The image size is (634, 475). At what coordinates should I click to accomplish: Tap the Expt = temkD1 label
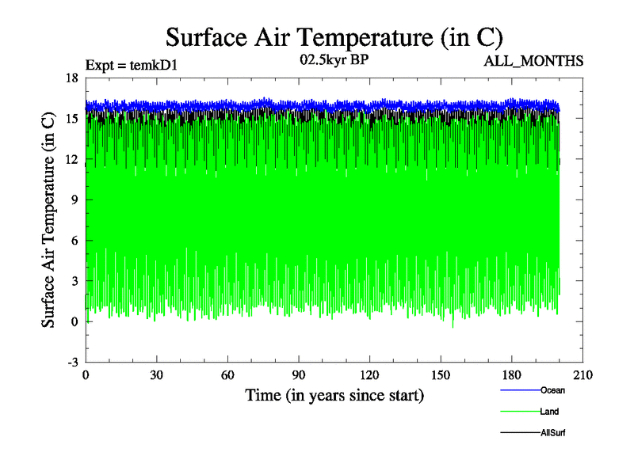click(x=131, y=65)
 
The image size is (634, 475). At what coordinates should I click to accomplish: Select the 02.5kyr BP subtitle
click(x=334, y=59)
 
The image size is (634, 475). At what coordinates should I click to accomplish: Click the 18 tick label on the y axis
click(x=71, y=78)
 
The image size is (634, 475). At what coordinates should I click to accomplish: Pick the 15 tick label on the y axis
click(x=71, y=119)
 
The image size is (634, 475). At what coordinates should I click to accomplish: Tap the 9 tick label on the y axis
click(x=74, y=200)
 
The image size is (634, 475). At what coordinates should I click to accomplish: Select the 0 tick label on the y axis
click(x=74, y=322)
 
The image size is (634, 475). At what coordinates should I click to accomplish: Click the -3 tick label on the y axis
click(x=71, y=363)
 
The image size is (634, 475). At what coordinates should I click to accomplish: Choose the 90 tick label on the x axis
click(x=298, y=376)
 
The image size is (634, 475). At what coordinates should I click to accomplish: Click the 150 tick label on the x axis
click(x=440, y=376)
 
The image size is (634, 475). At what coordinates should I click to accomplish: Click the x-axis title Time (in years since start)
click(x=334, y=394)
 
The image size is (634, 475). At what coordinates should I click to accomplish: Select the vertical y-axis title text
click(x=49, y=220)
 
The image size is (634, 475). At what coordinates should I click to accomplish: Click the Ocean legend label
click(x=552, y=389)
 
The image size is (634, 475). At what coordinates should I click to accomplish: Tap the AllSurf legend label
click(x=553, y=433)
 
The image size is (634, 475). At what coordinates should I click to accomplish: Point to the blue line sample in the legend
click(x=520, y=389)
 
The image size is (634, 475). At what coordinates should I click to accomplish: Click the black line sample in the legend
click(x=520, y=433)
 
